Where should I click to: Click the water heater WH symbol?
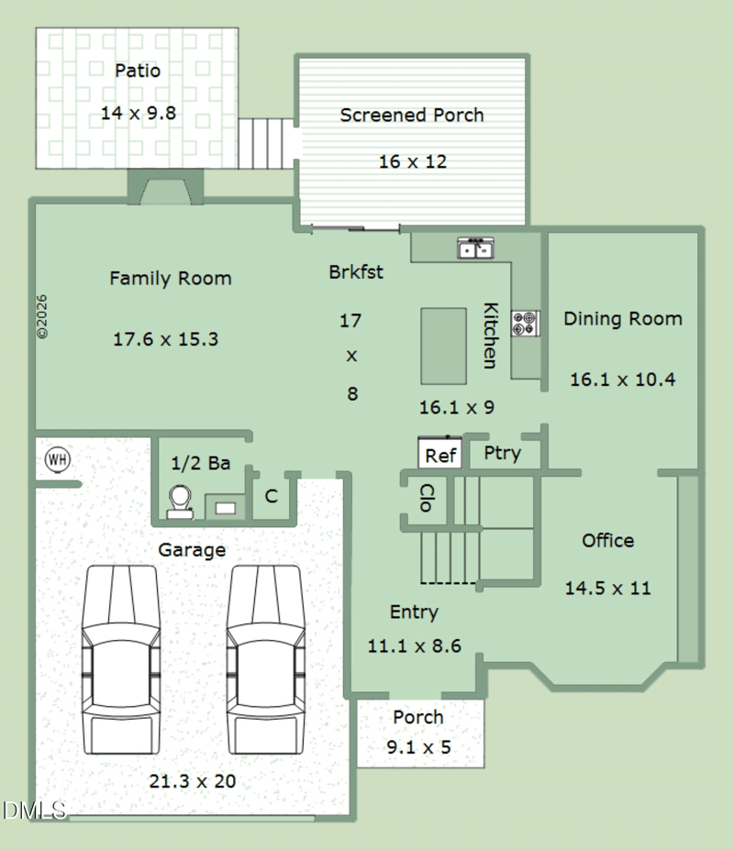coord(58,459)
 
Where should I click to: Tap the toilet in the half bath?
coord(180,502)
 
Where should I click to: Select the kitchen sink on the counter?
coord(475,248)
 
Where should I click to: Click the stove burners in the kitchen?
coord(525,324)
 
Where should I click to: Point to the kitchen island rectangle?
coord(444,346)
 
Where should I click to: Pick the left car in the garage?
coord(121,659)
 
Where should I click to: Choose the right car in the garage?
coord(265,659)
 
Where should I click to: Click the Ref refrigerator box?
coord(439,453)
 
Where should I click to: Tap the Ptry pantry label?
coord(502,453)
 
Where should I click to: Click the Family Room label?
coord(171,279)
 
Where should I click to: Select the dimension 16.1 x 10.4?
coord(622,380)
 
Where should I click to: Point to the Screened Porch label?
coord(412,115)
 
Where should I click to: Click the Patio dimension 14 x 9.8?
coord(139,113)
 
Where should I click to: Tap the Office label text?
coord(607,540)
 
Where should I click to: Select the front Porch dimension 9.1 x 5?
coord(418,747)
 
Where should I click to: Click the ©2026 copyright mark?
coord(41,316)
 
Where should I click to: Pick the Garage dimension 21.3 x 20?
coord(193,781)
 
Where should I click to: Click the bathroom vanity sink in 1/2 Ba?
coord(226,508)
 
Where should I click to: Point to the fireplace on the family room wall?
coord(165,187)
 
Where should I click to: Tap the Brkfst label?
coord(356,271)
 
